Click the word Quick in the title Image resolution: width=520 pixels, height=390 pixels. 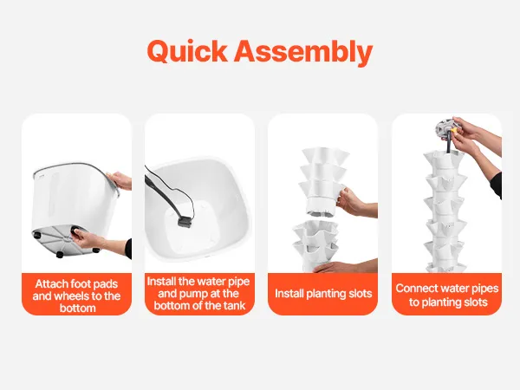coord(187,52)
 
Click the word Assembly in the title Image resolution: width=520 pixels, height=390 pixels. coord(303,52)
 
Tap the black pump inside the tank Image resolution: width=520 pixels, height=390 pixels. coord(185,222)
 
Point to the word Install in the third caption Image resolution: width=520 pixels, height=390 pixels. coord(289,294)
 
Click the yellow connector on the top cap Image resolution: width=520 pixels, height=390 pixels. coord(453,129)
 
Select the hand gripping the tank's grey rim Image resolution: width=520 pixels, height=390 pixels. coord(120,181)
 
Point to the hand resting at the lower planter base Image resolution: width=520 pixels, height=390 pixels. coord(345,266)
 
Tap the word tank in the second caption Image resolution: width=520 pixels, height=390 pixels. coord(234,305)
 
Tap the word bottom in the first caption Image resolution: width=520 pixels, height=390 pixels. coord(78,308)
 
